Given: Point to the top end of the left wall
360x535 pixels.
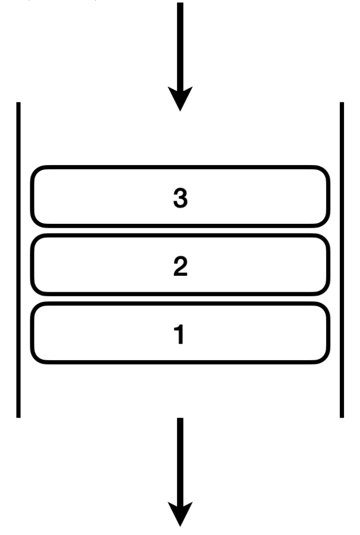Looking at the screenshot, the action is (x=19, y=103).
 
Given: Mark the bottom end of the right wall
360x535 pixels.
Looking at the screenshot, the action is (x=341, y=416).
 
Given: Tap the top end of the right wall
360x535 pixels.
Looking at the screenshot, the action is (x=341, y=103).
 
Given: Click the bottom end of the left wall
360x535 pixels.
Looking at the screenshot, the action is (x=19, y=416).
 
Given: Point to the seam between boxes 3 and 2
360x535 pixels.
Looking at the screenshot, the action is (x=180, y=230).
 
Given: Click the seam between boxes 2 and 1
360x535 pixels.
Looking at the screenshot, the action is (x=180, y=299).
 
